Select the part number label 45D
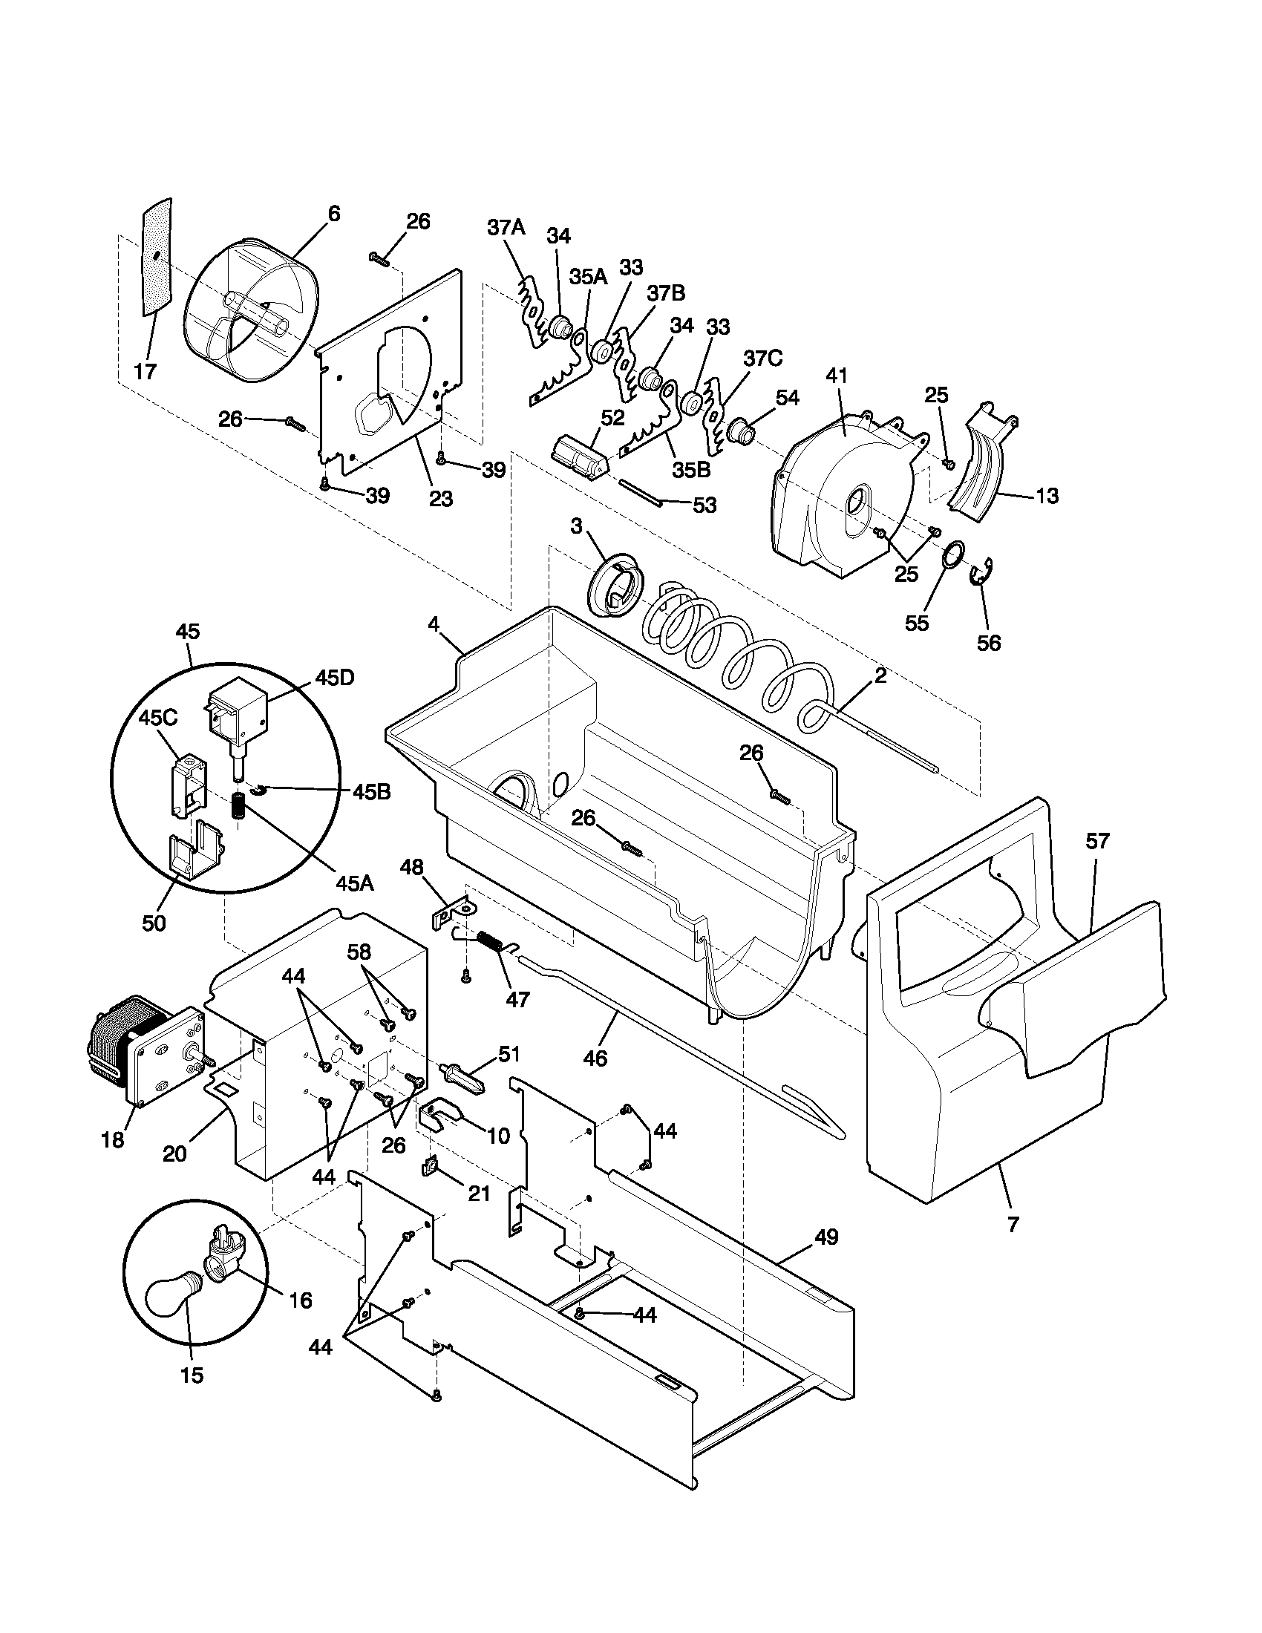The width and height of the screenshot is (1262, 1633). pyautogui.click(x=335, y=678)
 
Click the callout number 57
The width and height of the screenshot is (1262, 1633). pyautogui.click(x=1097, y=841)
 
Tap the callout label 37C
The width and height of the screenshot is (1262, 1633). pyautogui.click(x=762, y=359)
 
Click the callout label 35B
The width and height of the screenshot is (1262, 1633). pyautogui.click(x=691, y=469)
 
